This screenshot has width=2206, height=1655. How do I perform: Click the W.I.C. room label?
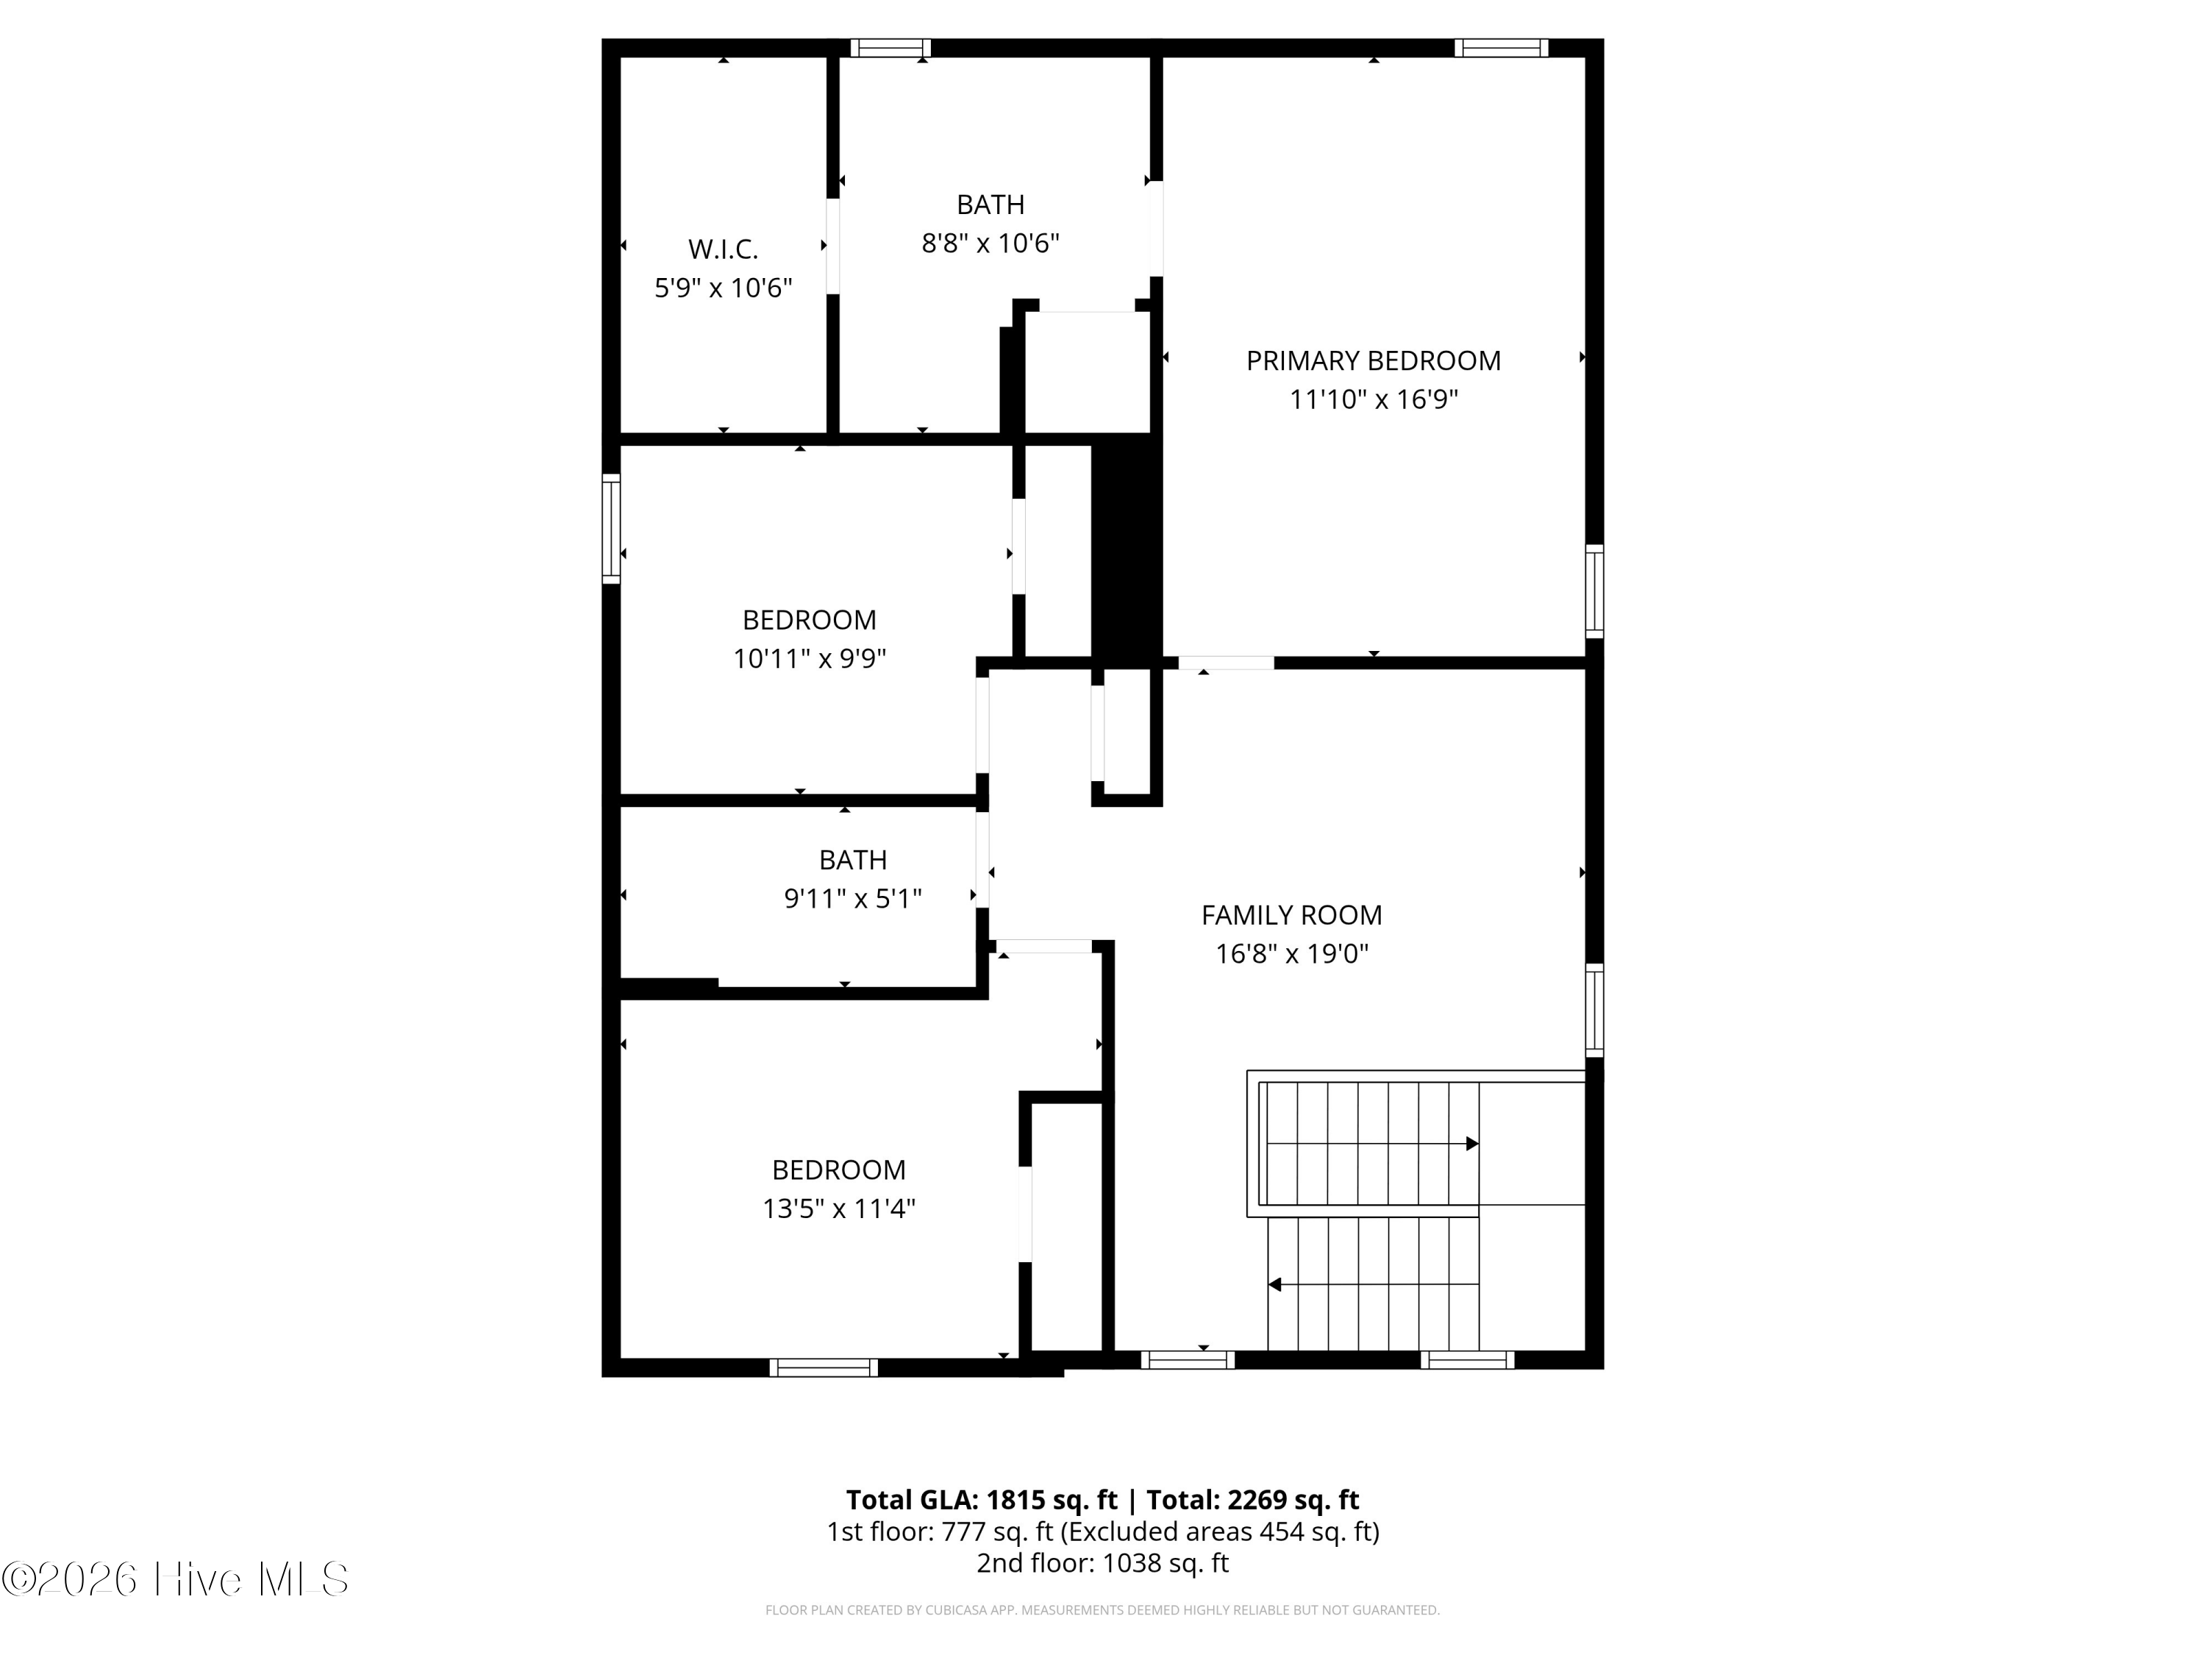point(723,249)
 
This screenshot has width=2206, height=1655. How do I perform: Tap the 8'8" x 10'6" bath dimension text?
point(990,243)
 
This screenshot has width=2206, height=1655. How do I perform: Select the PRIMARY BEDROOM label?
point(1374,360)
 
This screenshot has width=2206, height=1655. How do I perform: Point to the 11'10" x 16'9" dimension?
point(1374,399)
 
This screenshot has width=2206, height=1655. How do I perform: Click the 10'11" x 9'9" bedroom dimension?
point(810,658)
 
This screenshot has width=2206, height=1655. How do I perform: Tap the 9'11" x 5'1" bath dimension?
point(853,899)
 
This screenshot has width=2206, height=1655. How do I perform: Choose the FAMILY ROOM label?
point(1291,915)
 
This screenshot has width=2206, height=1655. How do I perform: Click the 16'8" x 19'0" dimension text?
point(1291,954)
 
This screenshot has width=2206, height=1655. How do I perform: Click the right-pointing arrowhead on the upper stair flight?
point(1472,1143)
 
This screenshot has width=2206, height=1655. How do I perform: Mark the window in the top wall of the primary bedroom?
point(1501,48)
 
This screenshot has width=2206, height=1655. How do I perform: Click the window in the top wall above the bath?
point(890,48)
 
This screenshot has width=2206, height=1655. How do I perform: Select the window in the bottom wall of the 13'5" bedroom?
point(824,1367)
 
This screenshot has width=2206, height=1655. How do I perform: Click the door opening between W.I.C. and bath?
point(832,246)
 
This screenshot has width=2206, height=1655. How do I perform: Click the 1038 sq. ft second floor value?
point(1165,1562)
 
